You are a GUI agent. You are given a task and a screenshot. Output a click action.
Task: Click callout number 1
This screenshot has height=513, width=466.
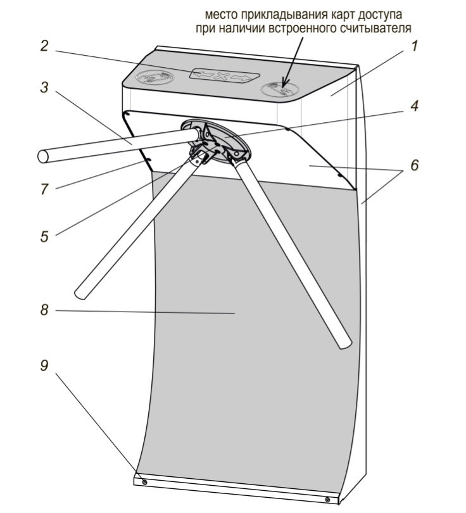click(415, 46)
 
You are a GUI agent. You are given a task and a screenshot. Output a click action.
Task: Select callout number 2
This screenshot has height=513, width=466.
click(44, 46)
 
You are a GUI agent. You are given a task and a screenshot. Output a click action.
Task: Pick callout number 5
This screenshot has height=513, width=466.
click(44, 237)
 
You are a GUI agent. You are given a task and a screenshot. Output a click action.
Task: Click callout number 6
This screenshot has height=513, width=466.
click(414, 165)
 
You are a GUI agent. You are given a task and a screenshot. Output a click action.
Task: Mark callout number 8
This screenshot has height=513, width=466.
click(44, 310)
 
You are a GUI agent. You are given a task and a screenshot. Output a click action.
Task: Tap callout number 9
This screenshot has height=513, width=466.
click(44, 366)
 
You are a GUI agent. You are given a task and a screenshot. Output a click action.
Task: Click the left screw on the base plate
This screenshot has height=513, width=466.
click(145, 483)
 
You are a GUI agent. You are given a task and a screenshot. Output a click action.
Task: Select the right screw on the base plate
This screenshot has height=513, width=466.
click(327, 500)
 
